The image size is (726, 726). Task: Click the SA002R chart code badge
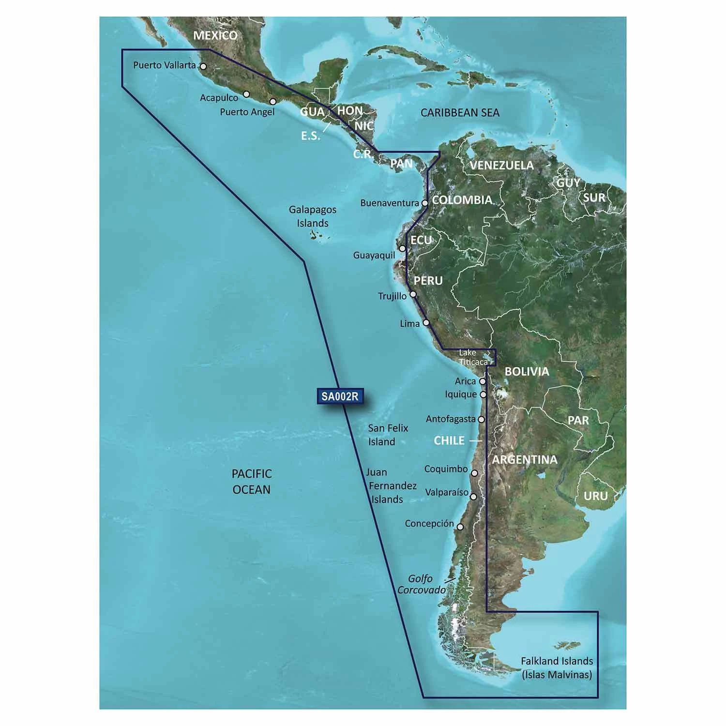(x=340, y=396)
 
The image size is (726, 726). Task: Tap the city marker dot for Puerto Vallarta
(x=203, y=67)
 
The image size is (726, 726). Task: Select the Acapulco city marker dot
(x=246, y=94)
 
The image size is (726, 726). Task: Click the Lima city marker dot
(x=426, y=322)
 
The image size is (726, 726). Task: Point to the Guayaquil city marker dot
(x=402, y=248)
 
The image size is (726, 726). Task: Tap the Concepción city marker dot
(x=460, y=527)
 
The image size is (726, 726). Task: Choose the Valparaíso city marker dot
(x=473, y=497)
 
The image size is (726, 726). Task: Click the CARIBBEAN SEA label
(x=459, y=112)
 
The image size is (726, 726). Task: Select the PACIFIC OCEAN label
(x=251, y=482)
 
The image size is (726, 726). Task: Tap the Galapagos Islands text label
(x=313, y=216)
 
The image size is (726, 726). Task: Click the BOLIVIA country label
(x=527, y=372)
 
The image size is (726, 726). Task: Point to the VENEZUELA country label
(x=501, y=165)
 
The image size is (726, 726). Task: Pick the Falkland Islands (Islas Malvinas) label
(x=557, y=667)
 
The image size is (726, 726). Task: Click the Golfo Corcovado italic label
(x=421, y=584)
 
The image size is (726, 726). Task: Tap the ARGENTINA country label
(x=525, y=459)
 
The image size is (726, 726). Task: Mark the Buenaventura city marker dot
(x=425, y=203)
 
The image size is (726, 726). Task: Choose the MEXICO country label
(x=215, y=35)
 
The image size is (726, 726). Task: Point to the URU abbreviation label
(x=595, y=496)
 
